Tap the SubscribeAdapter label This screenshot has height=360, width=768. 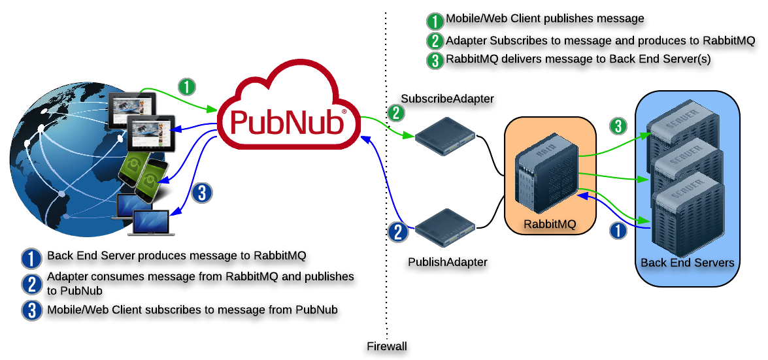(447, 99)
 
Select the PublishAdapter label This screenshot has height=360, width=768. (448, 262)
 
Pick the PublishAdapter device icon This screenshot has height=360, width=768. (445, 225)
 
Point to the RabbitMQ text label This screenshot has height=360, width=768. (550, 224)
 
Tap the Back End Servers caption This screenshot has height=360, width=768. (687, 263)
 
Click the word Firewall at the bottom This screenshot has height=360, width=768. (387, 346)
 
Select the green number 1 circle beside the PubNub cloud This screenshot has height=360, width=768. (187, 86)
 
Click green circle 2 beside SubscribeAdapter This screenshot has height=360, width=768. (396, 113)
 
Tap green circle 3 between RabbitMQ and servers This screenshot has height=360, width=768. (618, 125)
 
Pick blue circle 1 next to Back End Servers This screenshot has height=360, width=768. (618, 230)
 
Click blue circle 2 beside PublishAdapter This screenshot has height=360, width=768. (397, 231)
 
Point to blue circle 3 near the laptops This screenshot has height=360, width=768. (202, 193)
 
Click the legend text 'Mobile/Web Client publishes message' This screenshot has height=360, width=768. (544, 19)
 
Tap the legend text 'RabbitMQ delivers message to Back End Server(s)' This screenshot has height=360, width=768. (578, 59)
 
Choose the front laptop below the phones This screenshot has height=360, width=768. (151, 222)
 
